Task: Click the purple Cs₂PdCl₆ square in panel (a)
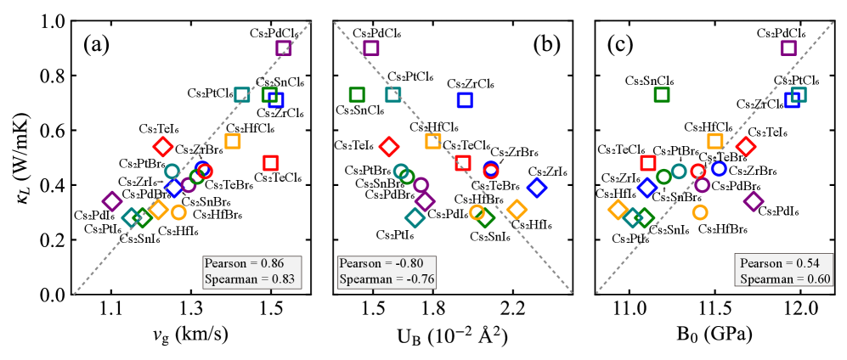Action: click(284, 48)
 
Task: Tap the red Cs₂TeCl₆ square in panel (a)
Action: click(271, 163)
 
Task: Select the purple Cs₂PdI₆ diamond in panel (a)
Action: click(111, 201)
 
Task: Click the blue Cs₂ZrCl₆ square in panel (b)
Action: click(465, 99)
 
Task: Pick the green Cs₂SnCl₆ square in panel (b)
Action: click(357, 94)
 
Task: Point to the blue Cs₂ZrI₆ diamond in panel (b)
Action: click(536, 188)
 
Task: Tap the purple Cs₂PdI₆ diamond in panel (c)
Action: click(754, 201)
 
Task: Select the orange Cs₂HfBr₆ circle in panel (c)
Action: click(700, 212)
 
